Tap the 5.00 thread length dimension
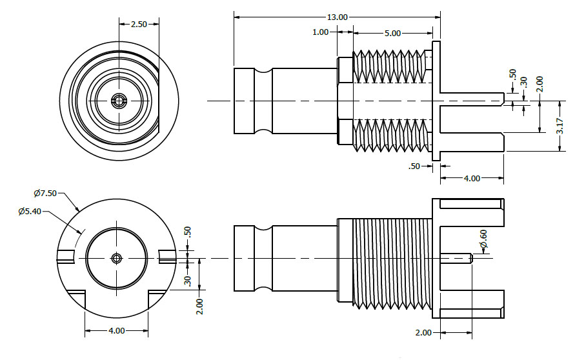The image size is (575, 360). (392, 33)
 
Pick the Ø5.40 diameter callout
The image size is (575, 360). (30, 211)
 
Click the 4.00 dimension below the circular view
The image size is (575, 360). (116, 330)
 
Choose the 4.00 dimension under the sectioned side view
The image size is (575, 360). (472, 178)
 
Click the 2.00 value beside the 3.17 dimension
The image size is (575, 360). (540, 85)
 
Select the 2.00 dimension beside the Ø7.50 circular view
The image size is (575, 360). (201, 305)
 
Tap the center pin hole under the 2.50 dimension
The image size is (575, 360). (119, 100)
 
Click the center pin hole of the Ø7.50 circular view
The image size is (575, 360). (116, 258)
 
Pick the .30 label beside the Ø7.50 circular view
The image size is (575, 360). (188, 281)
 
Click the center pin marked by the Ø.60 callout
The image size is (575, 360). (457, 258)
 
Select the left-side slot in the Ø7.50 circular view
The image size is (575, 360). (67, 256)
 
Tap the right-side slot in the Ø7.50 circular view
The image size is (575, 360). (166, 256)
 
